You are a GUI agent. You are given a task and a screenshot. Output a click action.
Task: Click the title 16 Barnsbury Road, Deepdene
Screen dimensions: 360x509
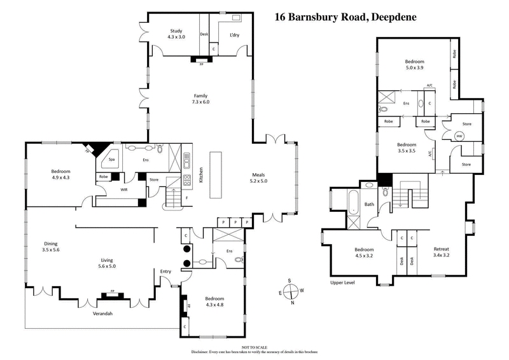pyautogui.click(x=345, y=17)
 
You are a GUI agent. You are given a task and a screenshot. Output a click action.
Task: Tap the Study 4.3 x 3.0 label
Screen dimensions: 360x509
pyautogui.click(x=176, y=34)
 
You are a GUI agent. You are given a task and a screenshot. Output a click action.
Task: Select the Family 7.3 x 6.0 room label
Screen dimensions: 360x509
pyautogui.click(x=200, y=99)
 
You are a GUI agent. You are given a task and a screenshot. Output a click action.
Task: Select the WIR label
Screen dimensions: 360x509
pyautogui.click(x=124, y=189)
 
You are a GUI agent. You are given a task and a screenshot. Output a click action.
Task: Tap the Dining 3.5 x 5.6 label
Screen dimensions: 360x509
pyautogui.click(x=52, y=247)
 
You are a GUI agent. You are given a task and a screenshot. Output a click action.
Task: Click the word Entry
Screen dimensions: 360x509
pyautogui.click(x=166, y=272)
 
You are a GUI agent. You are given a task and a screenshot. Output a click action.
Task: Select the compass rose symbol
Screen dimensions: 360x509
pyautogui.click(x=290, y=293)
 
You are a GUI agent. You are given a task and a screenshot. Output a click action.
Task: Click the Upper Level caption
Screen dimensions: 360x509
pyautogui.click(x=342, y=282)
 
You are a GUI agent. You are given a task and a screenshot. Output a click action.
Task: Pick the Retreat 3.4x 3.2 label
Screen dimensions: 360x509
pyautogui.click(x=442, y=252)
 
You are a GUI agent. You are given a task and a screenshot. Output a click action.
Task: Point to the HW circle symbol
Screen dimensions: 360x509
pyautogui.click(x=459, y=135)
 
